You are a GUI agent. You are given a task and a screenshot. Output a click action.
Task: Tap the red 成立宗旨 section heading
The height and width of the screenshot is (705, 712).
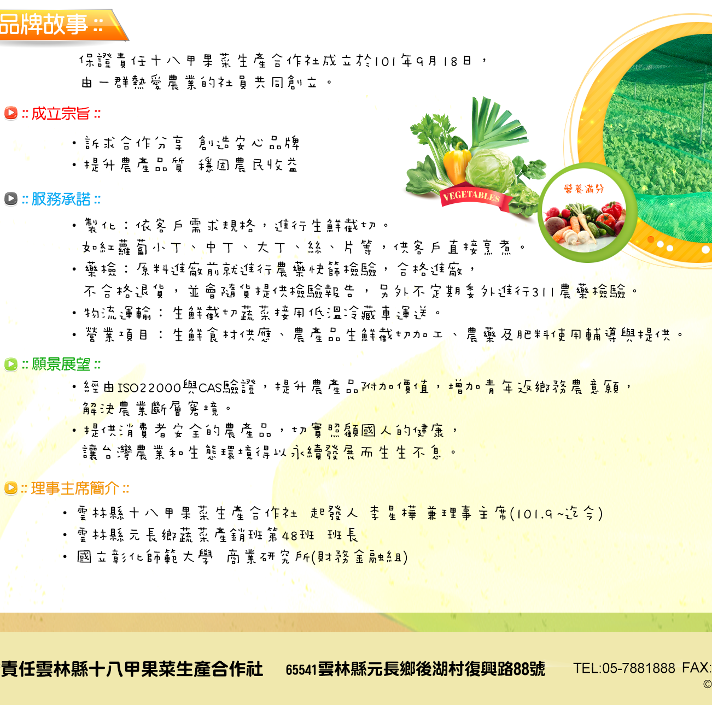61,114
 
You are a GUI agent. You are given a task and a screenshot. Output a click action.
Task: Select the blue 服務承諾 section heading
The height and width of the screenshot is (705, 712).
61,199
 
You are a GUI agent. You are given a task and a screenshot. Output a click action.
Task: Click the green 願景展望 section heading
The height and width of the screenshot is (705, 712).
61,365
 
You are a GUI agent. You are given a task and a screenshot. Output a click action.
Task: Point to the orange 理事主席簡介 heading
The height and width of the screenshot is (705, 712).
75,489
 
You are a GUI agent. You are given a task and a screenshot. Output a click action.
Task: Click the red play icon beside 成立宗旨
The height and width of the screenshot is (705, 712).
11,113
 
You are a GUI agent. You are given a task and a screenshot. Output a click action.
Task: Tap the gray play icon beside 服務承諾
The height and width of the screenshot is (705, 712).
11,199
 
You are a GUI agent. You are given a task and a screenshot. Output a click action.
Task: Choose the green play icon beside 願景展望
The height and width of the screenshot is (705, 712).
11,364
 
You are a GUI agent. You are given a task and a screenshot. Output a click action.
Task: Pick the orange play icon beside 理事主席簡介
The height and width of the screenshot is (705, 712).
11,488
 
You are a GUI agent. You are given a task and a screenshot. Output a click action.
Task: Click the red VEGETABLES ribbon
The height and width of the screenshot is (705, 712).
474,196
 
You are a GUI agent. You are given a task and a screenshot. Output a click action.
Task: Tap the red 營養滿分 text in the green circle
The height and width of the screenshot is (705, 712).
584,189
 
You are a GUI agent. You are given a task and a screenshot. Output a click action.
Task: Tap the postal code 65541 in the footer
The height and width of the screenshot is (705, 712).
301,669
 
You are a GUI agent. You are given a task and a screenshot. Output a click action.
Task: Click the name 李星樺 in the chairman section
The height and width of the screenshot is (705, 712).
393,514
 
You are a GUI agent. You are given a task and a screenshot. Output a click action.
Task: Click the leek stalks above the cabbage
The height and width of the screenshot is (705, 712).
494,122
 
